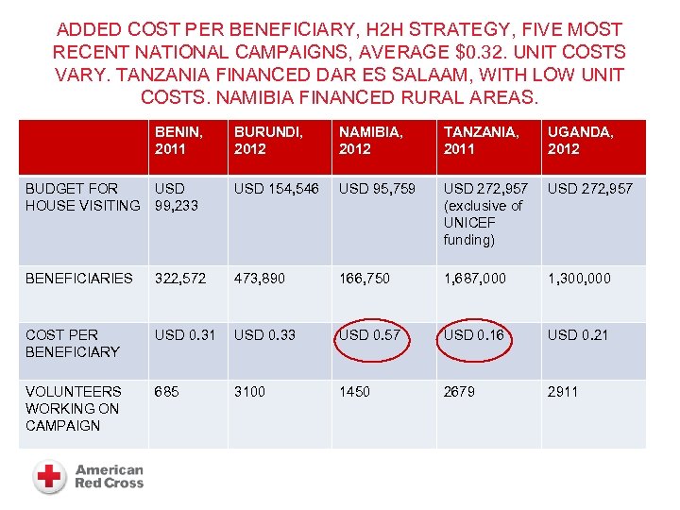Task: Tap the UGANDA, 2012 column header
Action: pyautogui.click(x=580, y=141)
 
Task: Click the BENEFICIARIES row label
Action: pyautogui.click(x=79, y=279)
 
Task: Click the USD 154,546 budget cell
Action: pyautogui.click(x=277, y=189)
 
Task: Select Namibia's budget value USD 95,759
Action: pyautogui.click(x=377, y=189)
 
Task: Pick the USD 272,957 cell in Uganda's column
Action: pyautogui.click(x=591, y=189)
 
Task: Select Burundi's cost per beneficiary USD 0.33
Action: pyautogui.click(x=265, y=335)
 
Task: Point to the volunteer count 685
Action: pyautogui.click(x=166, y=391)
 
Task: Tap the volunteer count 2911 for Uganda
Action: pyautogui.click(x=563, y=391)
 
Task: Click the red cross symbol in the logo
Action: pyautogui.click(x=50, y=476)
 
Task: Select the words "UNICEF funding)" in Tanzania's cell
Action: pyautogui.click(x=469, y=231)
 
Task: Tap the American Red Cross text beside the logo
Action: pyautogui.click(x=109, y=476)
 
